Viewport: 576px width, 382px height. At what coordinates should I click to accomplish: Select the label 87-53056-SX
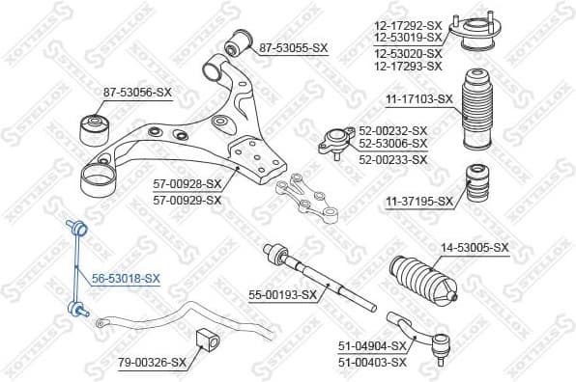pos(137,93)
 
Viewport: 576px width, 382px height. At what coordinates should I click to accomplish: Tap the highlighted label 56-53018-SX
pos(126,277)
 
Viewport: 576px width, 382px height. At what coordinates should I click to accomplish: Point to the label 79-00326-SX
pos(152,363)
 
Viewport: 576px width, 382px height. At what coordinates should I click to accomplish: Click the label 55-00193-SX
pos(283,294)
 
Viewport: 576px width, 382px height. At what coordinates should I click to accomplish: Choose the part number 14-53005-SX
pos(475,248)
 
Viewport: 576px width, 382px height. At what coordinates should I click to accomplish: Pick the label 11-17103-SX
pos(418,98)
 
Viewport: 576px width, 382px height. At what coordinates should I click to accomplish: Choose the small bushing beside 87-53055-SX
pos(236,43)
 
